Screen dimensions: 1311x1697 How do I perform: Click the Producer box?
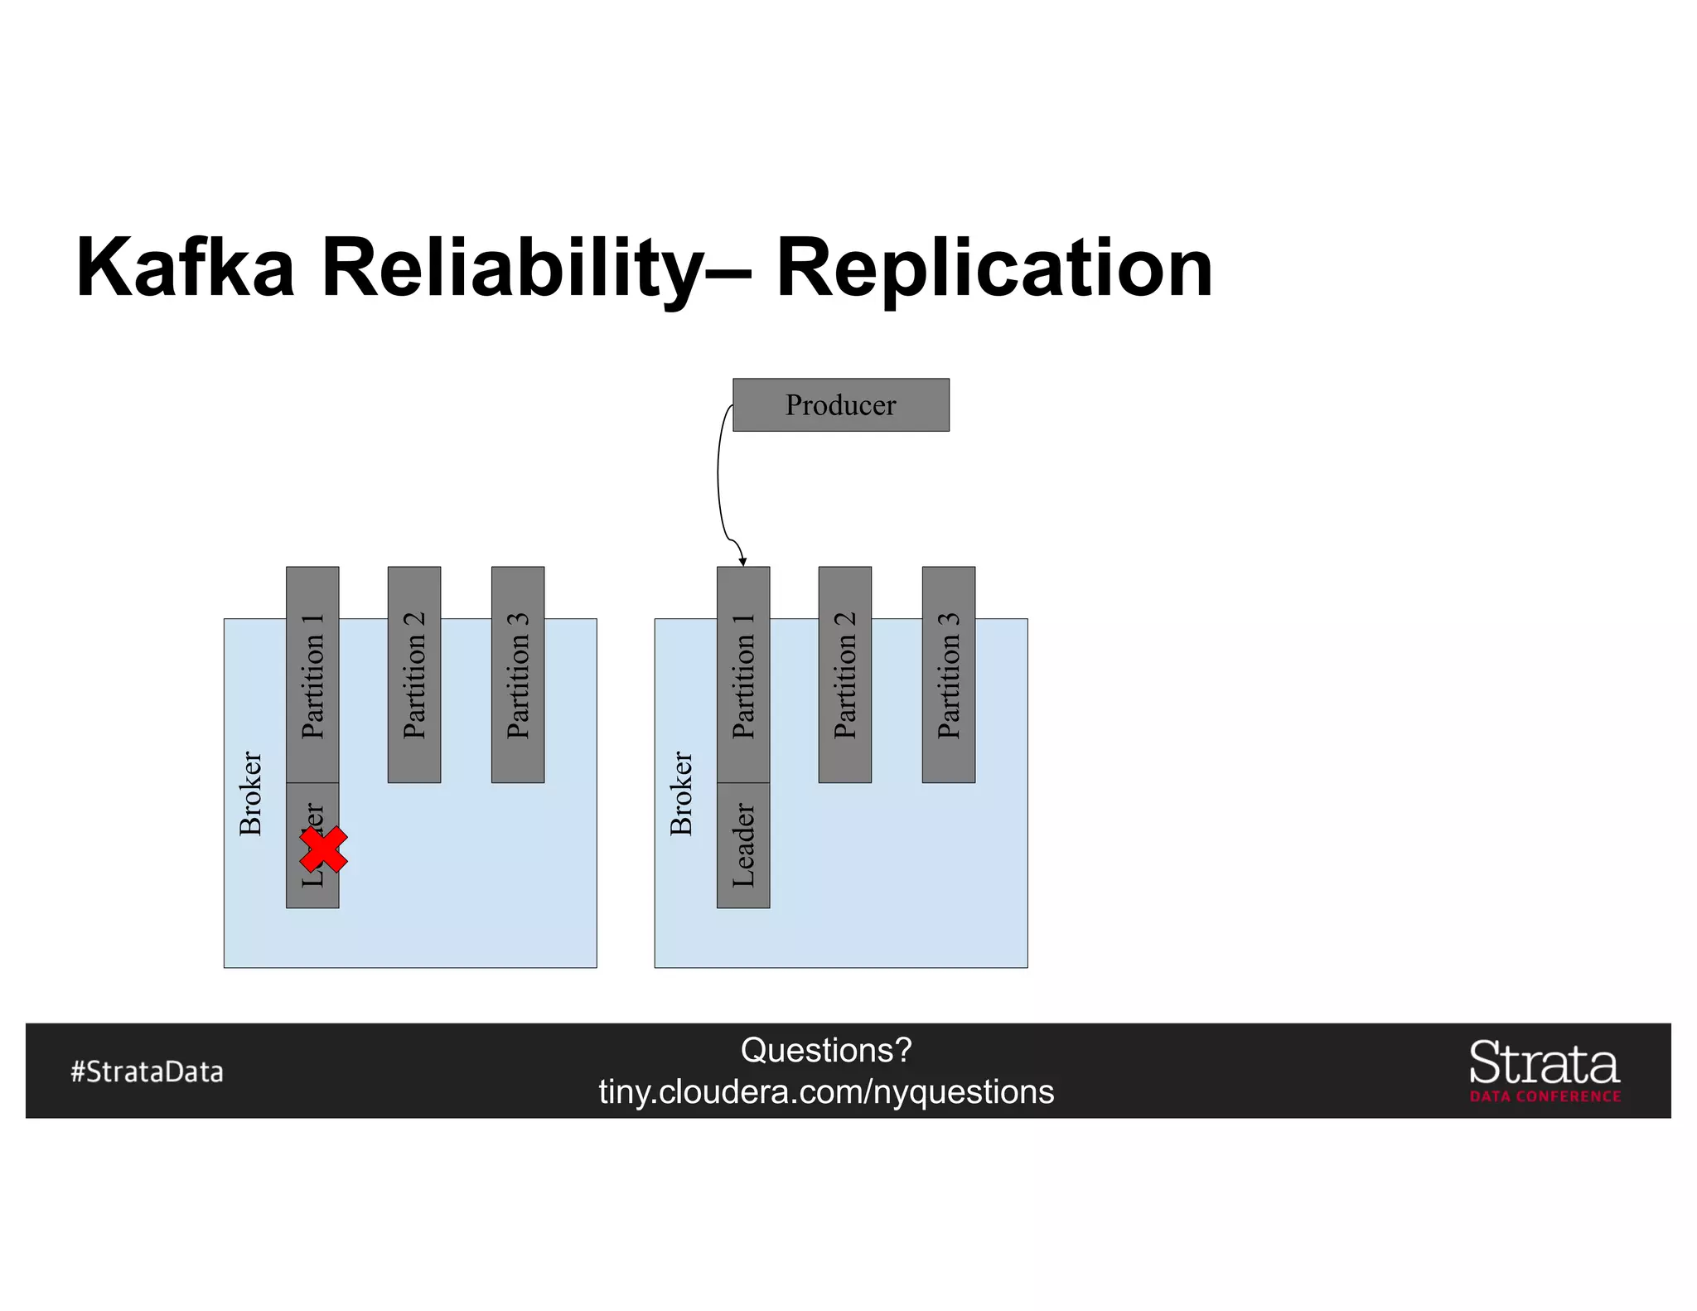point(840,404)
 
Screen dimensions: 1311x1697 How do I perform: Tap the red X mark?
point(323,849)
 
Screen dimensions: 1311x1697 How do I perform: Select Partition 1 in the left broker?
point(312,675)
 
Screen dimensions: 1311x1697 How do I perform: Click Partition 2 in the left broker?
point(414,675)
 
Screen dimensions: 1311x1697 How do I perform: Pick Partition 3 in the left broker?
point(518,675)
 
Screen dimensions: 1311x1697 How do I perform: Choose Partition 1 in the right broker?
point(743,675)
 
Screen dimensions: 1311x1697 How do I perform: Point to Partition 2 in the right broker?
point(844,675)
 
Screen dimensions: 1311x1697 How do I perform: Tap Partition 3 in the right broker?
point(948,675)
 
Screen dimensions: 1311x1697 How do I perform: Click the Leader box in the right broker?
point(743,845)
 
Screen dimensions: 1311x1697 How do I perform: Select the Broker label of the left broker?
point(250,793)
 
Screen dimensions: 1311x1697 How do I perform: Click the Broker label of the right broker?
point(681,793)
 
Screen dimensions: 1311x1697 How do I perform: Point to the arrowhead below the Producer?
point(742,562)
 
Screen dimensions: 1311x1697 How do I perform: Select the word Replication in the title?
point(994,268)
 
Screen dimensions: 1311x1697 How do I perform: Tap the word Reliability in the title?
point(511,268)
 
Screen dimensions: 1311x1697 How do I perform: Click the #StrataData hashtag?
point(147,1072)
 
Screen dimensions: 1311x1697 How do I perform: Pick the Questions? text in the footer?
point(826,1050)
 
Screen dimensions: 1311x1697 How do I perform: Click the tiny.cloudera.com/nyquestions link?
point(826,1091)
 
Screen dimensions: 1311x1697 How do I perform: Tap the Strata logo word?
point(1544,1063)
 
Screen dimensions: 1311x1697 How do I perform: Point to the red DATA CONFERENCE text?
point(1545,1096)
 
